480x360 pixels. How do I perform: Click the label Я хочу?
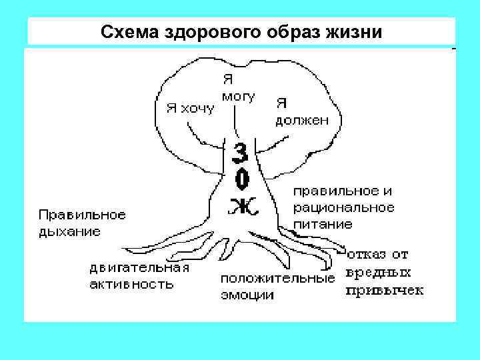pos(190,107)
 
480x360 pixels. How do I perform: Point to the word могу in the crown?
pos(238,95)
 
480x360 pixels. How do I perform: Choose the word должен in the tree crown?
pos(302,121)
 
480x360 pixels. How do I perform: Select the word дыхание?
pos(69,232)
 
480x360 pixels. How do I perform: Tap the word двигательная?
pos(139,268)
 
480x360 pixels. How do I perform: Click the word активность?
pos(132,285)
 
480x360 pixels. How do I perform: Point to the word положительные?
pos(277,277)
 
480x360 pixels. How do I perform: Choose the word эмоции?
pos(247,295)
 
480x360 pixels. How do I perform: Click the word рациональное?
pos(344,207)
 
